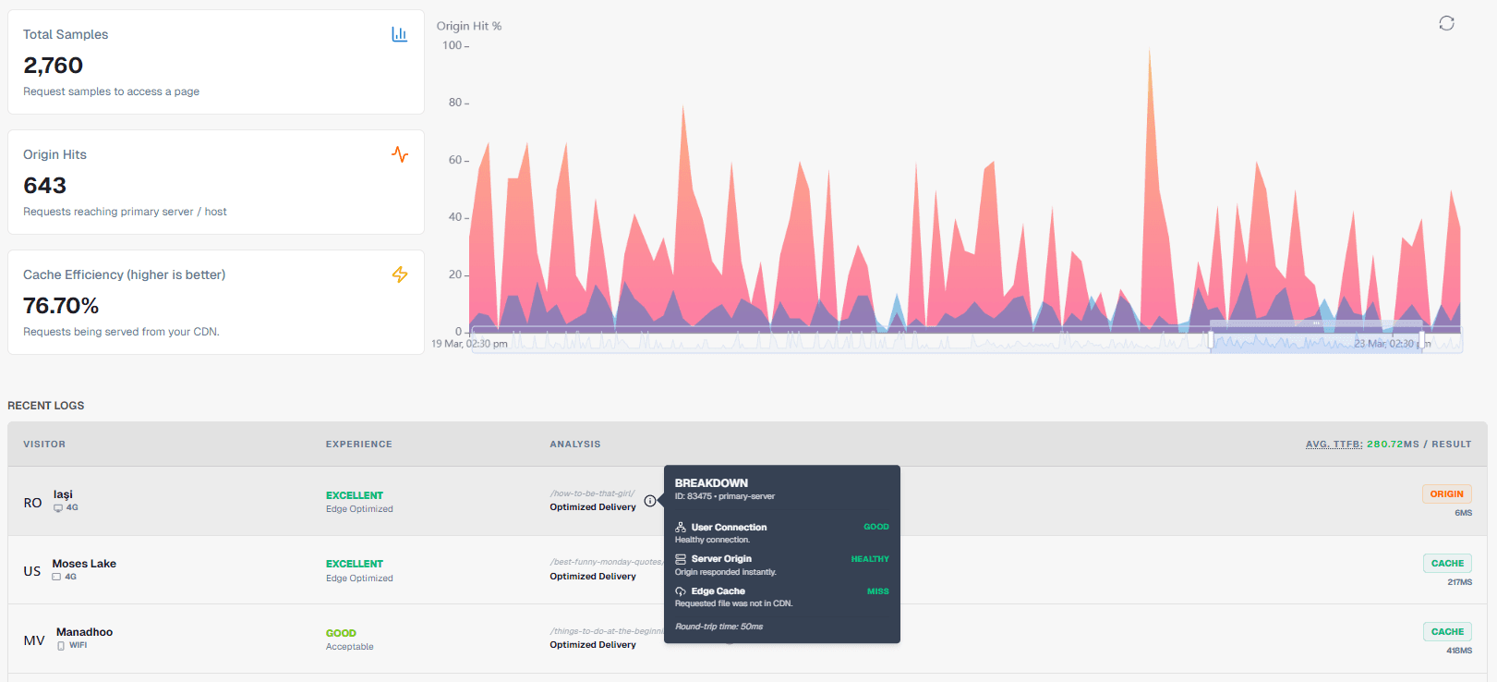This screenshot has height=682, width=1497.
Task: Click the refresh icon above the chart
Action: (1446, 23)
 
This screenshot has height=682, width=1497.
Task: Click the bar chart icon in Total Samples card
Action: (399, 34)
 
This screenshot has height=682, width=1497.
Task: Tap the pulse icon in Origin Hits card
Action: (400, 154)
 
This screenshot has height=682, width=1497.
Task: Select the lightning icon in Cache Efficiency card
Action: (400, 274)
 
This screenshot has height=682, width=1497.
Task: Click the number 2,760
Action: (53, 66)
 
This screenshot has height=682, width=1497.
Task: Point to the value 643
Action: (44, 186)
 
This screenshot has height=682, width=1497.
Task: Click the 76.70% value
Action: (61, 306)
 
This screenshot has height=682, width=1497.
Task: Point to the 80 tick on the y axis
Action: (455, 103)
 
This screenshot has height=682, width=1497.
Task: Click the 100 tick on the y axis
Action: (453, 45)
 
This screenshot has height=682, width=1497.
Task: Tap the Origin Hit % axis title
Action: (469, 26)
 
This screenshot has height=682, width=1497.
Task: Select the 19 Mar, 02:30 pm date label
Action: (469, 344)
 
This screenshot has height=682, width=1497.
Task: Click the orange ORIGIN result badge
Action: (1446, 494)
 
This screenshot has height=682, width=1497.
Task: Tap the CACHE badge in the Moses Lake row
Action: (1447, 564)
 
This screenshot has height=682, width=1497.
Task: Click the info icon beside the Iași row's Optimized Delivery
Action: (650, 501)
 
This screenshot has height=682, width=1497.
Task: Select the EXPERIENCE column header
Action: (358, 445)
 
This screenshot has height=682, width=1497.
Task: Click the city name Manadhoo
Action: (84, 632)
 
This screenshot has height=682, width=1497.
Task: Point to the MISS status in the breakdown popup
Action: (877, 591)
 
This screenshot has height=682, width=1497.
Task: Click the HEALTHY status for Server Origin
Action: (870, 559)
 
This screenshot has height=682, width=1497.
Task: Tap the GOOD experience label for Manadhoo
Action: (341, 633)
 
